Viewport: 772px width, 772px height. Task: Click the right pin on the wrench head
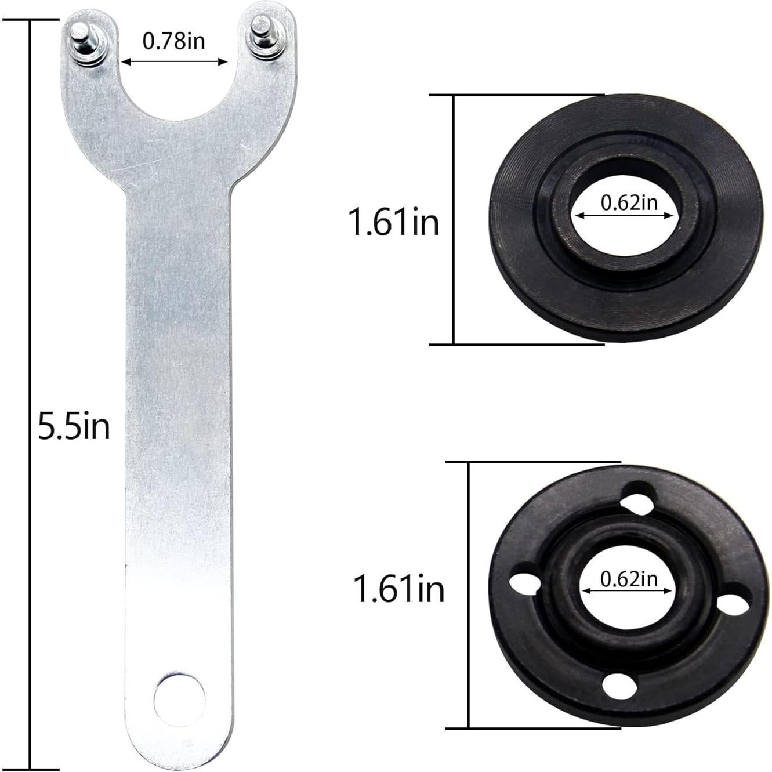(x=259, y=38)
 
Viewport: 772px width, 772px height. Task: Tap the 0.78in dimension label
(x=173, y=41)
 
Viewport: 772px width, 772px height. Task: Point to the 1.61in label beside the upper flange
(x=393, y=222)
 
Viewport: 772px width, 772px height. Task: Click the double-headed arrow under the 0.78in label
(x=173, y=60)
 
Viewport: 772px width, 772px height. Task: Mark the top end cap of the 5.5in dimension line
(x=30, y=19)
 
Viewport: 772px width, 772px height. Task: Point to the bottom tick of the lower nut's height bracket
(x=534, y=728)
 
